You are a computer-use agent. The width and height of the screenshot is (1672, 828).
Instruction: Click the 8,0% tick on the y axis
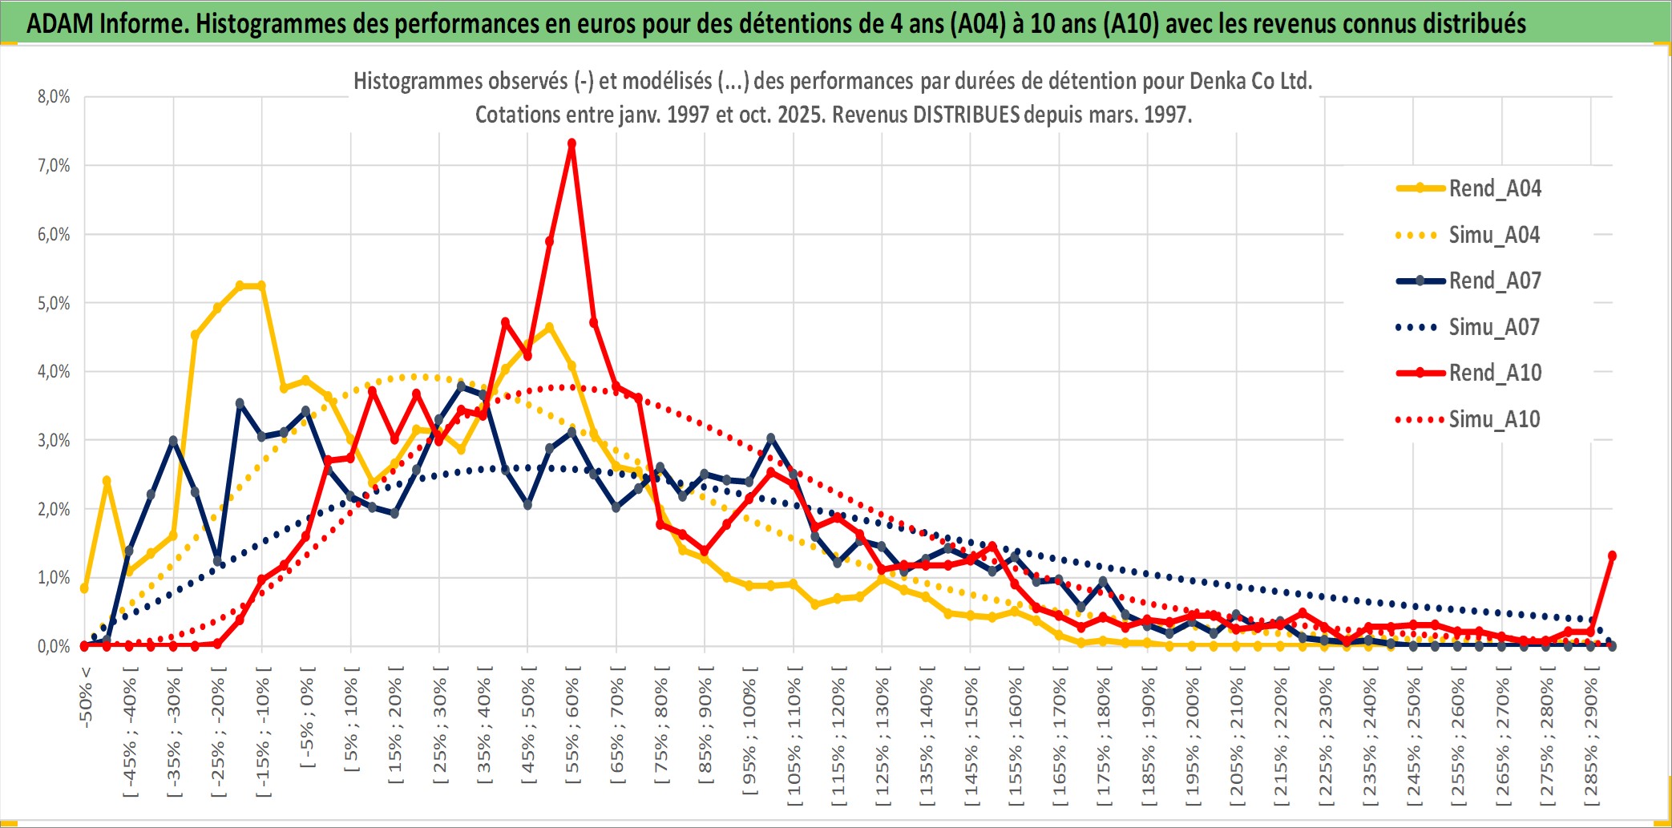click(x=54, y=97)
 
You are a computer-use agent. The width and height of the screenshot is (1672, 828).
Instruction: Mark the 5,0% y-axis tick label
click(x=54, y=303)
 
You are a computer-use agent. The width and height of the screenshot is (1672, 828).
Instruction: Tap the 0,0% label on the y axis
click(x=54, y=646)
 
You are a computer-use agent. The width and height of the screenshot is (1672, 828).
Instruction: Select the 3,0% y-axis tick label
click(x=54, y=440)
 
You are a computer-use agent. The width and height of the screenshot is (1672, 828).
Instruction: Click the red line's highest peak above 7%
click(x=571, y=144)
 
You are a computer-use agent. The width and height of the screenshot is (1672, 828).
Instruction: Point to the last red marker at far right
click(x=1612, y=555)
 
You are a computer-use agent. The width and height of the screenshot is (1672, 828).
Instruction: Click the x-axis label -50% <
click(x=86, y=697)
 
